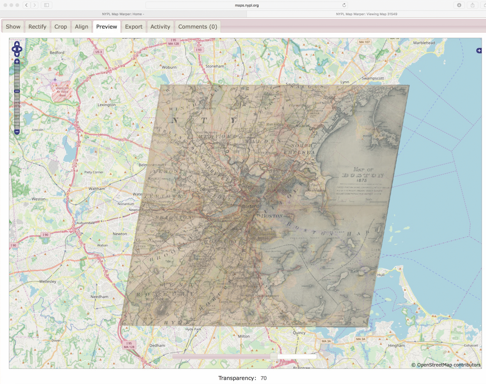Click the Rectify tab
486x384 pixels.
click(x=37, y=27)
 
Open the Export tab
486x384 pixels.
click(x=134, y=27)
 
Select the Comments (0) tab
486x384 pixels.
click(x=197, y=27)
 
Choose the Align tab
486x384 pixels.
click(x=81, y=27)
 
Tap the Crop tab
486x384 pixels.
click(x=60, y=27)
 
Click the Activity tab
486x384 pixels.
click(x=160, y=27)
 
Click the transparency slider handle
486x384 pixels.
click(x=273, y=356)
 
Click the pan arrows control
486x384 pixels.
click(x=17, y=49)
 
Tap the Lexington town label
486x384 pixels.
click(x=106, y=105)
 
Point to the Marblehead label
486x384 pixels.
click(x=424, y=43)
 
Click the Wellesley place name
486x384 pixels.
click(x=48, y=281)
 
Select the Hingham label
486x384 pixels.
click(x=396, y=345)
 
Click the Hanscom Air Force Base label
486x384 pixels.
click(x=62, y=92)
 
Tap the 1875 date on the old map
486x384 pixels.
click(x=361, y=180)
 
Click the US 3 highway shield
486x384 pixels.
click(x=98, y=52)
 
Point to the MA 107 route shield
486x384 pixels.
click(x=364, y=42)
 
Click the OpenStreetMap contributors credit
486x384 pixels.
click(x=446, y=365)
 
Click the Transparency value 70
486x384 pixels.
click(x=263, y=378)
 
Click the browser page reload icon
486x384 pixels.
click(x=344, y=5)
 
